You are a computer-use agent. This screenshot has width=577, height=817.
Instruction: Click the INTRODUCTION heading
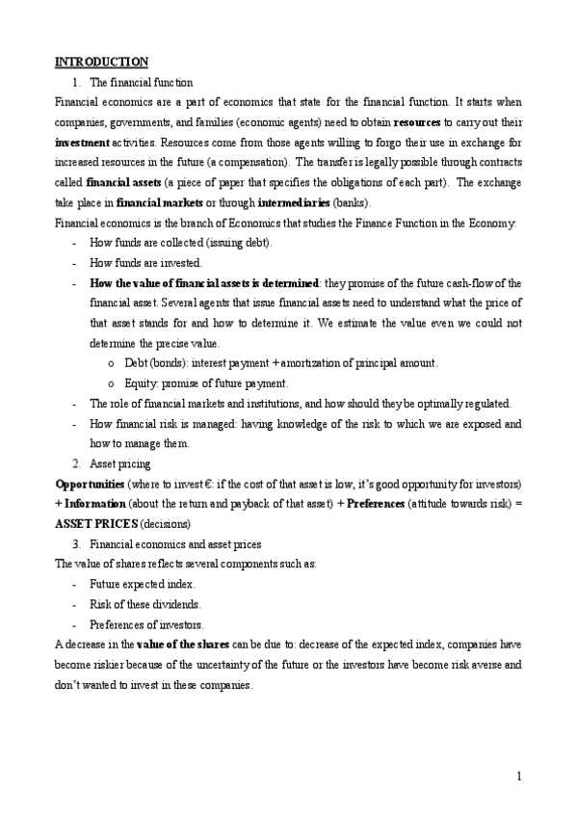coord(101,63)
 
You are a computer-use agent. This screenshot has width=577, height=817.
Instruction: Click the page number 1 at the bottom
coord(518,776)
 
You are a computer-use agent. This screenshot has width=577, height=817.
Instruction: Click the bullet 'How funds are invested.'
coord(145,263)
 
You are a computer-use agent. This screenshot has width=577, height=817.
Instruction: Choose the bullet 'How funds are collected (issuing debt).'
coord(180,243)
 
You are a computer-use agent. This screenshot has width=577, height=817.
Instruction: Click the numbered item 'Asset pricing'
coord(117,463)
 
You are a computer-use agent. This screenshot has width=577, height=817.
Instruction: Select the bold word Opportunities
coord(90,483)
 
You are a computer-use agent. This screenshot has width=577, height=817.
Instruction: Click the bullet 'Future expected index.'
coord(142,584)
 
